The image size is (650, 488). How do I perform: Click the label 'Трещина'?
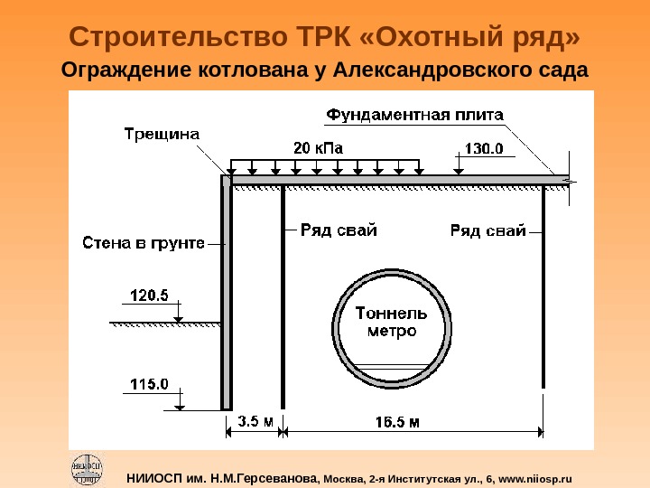pyautogui.click(x=162, y=135)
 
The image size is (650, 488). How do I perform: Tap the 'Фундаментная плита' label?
pyautogui.click(x=415, y=115)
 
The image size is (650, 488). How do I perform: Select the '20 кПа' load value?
pyautogui.click(x=319, y=147)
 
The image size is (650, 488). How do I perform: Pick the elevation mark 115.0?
pyautogui.click(x=151, y=384)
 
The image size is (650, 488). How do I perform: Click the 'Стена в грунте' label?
pyautogui.click(x=144, y=242)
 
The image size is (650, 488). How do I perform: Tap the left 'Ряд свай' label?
pyautogui.click(x=339, y=230)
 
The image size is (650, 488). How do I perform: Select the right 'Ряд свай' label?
pyautogui.click(x=488, y=230)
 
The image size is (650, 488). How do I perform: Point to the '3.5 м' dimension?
pyautogui.click(x=255, y=421)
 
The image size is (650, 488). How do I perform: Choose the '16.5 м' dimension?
pyautogui.click(x=398, y=421)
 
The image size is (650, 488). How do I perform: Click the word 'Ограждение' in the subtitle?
pyautogui.click(x=121, y=70)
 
